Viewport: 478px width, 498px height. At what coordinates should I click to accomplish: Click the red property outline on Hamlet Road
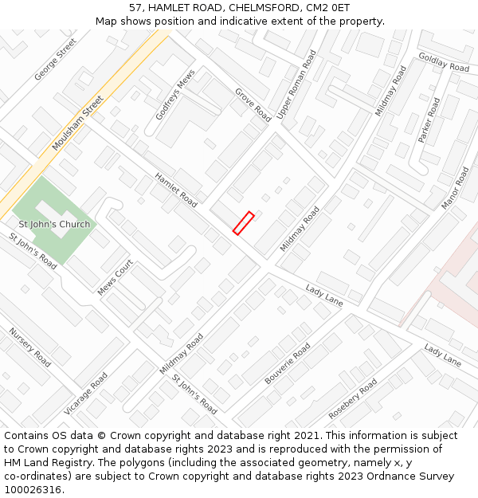[x=243, y=222]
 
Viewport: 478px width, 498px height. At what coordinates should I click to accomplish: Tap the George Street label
[x=56, y=59]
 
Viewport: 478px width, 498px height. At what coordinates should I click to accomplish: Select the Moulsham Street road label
[x=78, y=124]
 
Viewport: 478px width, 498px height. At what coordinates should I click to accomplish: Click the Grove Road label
[x=253, y=104]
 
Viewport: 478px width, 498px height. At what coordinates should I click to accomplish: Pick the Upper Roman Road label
[x=296, y=84]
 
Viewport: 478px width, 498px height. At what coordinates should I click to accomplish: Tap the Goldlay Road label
[x=444, y=63]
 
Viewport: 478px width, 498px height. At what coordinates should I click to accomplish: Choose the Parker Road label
[x=429, y=120]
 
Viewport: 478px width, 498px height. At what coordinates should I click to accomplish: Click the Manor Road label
[x=456, y=188]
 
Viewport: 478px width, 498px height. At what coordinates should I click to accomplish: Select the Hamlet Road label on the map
[x=175, y=190]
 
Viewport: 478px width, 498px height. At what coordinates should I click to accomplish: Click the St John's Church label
[x=54, y=224]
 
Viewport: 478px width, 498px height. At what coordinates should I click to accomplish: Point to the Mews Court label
[x=115, y=276]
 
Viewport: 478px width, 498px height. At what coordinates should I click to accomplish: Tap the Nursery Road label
[x=29, y=347]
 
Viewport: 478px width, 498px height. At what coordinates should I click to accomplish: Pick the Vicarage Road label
[x=86, y=394]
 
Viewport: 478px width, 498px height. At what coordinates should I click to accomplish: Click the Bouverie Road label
[x=288, y=364]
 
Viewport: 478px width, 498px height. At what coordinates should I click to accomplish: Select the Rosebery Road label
[x=353, y=398]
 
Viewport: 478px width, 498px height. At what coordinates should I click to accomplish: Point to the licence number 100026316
[x=33, y=489]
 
